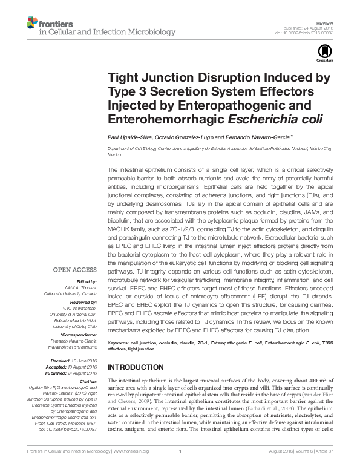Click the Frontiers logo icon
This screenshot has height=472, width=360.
click(x=32, y=23)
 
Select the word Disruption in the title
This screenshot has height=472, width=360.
click(x=231, y=79)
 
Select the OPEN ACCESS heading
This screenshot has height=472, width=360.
click(x=76, y=270)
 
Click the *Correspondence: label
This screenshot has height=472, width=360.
click(x=80, y=334)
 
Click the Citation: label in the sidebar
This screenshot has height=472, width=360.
click(x=89, y=381)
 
